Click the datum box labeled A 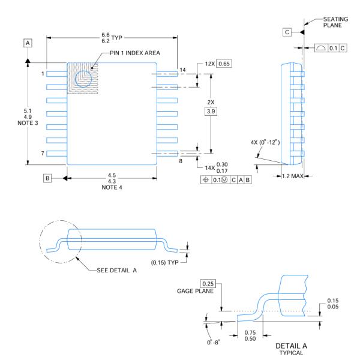click(x=28, y=43)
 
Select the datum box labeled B click(x=47, y=178)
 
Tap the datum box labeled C click(x=287, y=32)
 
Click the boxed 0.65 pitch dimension click(x=224, y=64)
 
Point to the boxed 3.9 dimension click(x=211, y=112)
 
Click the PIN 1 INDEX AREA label click(x=135, y=53)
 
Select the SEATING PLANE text click(x=335, y=22)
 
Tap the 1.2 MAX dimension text click(x=293, y=176)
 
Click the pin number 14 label click(x=183, y=70)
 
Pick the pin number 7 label click(x=43, y=153)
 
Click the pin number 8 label click(x=181, y=161)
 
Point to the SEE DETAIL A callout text click(x=116, y=271)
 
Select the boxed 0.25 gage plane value click(x=208, y=284)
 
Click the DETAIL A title click(x=291, y=346)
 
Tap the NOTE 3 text click(x=28, y=123)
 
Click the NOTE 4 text click(x=112, y=187)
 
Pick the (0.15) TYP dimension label click(x=164, y=262)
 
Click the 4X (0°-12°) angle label click(x=265, y=142)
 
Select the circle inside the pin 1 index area click(x=83, y=79)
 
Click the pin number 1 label click(x=43, y=74)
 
